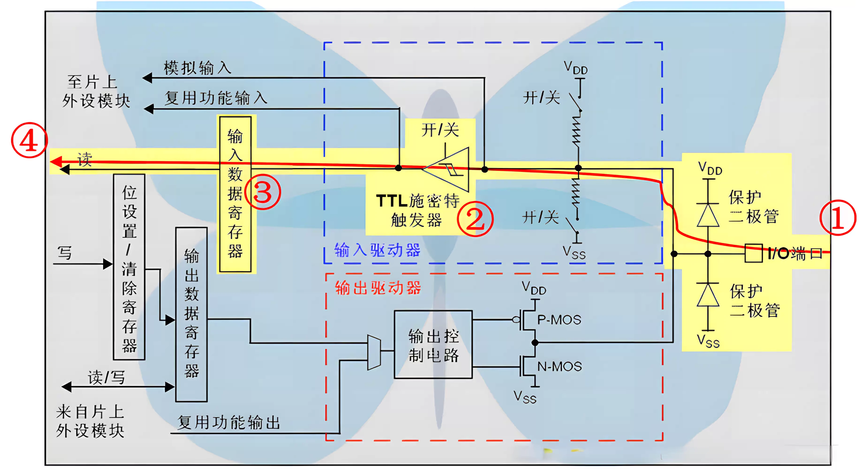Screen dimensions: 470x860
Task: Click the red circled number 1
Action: pyautogui.click(x=838, y=218)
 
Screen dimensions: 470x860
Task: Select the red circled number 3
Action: pyautogui.click(x=263, y=192)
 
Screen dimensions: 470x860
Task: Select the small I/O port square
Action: pyautogui.click(x=754, y=253)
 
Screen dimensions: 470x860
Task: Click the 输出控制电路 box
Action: pyautogui.click(x=433, y=345)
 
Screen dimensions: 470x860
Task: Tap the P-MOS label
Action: pyautogui.click(x=559, y=320)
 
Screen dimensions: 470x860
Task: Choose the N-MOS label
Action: pyautogui.click(x=559, y=366)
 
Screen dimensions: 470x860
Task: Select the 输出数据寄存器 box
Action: pyautogui.click(x=191, y=314)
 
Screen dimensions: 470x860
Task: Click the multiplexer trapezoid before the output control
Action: pyautogui.click(x=374, y=352)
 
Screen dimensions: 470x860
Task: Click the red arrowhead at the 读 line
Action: pyautogui.click(x=56, y=161)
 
